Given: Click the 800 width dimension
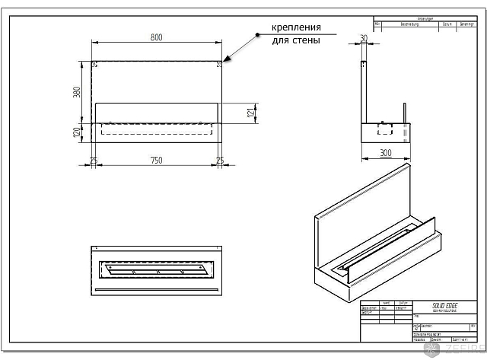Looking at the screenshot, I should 156,37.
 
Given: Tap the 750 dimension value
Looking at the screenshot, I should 156,161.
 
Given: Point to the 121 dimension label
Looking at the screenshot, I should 250,113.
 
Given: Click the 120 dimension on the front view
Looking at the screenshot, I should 76,132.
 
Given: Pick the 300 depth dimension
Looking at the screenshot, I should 385,153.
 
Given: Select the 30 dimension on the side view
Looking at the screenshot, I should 363,38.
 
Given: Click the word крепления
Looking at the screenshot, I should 296,28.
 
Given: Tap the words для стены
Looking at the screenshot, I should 296,40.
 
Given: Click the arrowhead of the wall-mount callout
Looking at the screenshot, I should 225,60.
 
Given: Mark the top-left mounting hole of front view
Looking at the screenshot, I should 94,63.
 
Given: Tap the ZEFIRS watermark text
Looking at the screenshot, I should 462,349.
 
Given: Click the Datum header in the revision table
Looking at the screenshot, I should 448,24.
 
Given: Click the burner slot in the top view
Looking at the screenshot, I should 156,270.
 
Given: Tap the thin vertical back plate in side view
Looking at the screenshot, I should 363,91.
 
